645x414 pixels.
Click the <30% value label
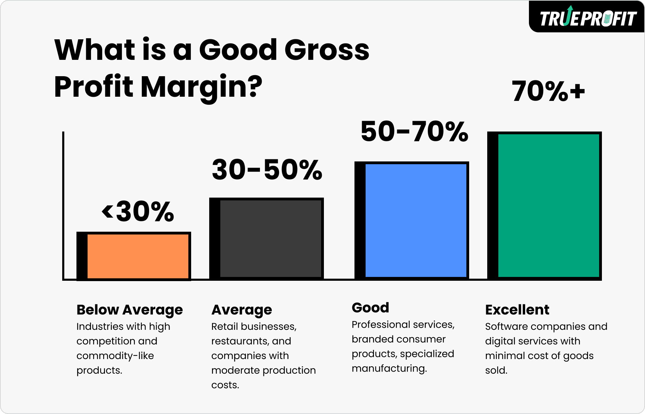[x=138, y=212]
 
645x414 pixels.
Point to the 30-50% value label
[x=267, y=170]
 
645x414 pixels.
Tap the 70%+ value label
[x=548, y=91]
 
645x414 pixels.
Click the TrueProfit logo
[x=588, y=18]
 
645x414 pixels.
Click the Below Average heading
[x=129, y=310]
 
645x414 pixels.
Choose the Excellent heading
[x=517, y=310]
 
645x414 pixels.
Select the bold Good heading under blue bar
[x=370, y=308]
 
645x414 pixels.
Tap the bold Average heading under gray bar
[x=242, y=310]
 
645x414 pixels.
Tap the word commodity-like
[x=115, y=356]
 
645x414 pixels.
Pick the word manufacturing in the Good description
[x=388, y=368]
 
